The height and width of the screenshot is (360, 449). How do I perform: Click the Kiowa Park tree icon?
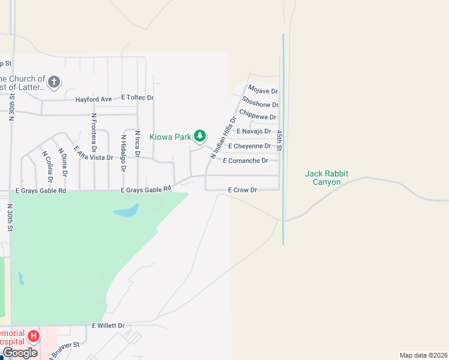pos(200,137)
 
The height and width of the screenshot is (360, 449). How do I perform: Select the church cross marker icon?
pos(54,82)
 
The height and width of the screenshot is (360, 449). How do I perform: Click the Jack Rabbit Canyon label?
pos(327,178)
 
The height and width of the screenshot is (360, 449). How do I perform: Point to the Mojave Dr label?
pos(263,92)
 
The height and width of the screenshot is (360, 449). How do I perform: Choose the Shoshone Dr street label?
pos(260,105)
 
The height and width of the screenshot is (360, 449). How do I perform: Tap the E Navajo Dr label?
pos(254,131)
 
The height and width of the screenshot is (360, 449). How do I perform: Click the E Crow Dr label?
pos(243,190)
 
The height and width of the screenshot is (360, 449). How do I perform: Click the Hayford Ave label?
pos(94,99)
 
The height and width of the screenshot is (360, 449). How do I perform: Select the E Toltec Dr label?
pos(137,97)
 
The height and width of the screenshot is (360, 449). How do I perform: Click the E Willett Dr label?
pos(108,326)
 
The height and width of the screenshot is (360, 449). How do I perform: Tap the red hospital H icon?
pos(34,336)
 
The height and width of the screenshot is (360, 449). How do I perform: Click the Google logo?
pos(20,352)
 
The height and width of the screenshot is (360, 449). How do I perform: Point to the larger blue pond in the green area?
pos(126,211)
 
